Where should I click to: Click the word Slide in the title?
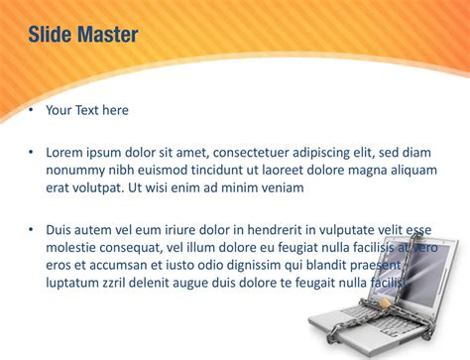pos(49,37)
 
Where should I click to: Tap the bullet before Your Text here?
pos(31,110)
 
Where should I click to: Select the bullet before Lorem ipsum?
pos(31,153)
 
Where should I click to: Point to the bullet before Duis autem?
pos(31,230)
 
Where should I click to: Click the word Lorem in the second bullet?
pos(66,153)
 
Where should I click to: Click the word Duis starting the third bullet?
pos(61,230)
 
